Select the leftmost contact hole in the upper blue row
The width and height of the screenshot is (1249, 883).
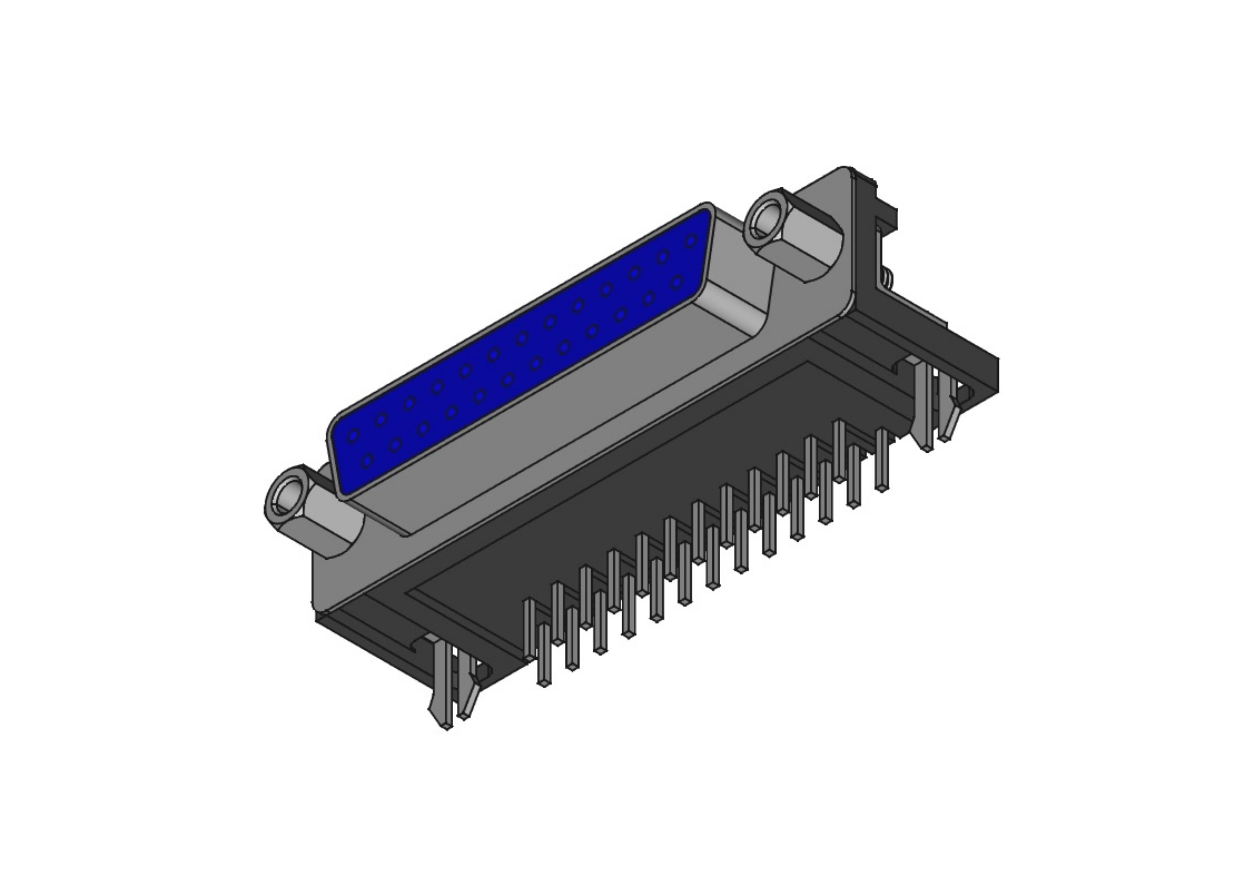pyautogui.click(x=354, y=435)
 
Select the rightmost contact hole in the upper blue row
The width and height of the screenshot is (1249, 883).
pyautogui.click(x=691, y=241)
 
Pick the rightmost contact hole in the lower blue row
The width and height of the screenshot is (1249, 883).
pyautogui.click(x=677, y=282)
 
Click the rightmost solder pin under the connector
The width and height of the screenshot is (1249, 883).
pyautogui.click(x=882, y=460)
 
